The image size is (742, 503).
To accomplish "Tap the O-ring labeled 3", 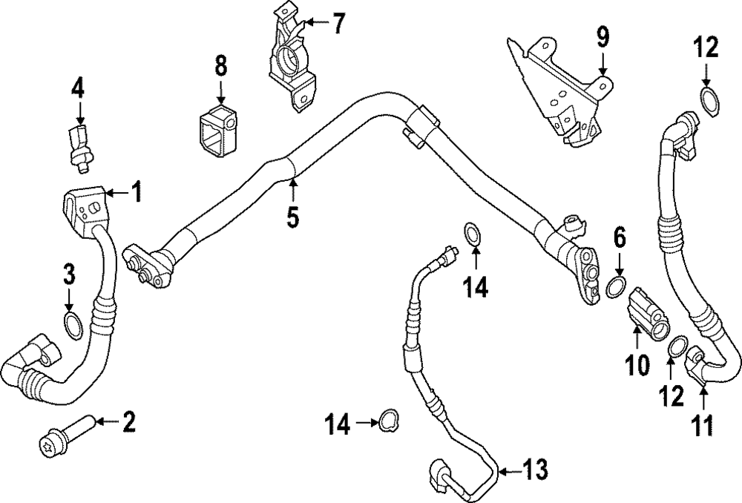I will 73,324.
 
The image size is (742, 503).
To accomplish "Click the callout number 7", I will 338,24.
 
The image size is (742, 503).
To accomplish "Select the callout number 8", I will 220,67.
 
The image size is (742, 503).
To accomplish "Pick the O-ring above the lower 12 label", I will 677,346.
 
